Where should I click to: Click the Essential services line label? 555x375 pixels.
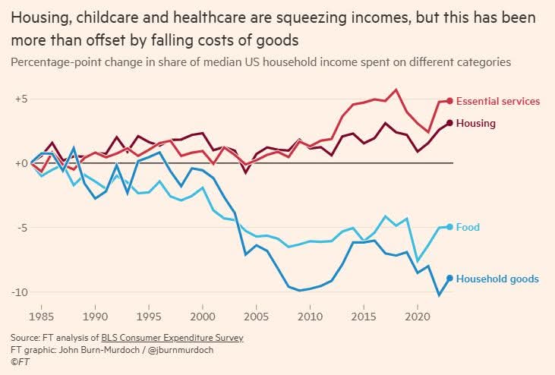point(497,101)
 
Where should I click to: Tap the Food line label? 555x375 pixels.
point(468,227)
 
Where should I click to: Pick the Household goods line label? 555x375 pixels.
point(497,279)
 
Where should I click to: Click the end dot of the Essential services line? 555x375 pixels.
point(449,101)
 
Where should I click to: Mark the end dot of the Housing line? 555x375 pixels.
point(449,123)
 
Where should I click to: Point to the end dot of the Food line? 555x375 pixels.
point(449,227)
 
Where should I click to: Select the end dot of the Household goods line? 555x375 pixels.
point(449,279)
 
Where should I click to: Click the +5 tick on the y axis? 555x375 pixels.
point(20,99)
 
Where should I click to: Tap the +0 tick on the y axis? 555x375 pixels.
point(20,163)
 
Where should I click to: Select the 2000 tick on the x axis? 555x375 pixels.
point(203,313)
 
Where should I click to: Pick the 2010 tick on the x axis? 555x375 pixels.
point(311,313)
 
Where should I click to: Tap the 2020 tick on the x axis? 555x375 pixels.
point(418,313)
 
